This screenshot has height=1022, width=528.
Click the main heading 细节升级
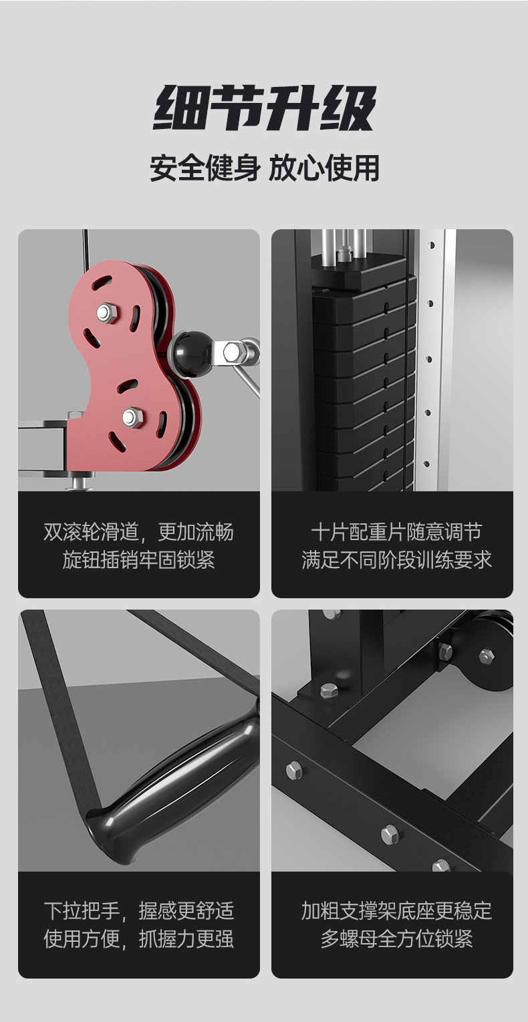click(x=265, y=108)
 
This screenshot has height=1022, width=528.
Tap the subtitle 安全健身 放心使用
click(x=265, y=168)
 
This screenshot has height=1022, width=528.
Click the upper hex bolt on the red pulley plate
click(x=107, y=313)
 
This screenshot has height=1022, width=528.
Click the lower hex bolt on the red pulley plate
click(x=132, y=416)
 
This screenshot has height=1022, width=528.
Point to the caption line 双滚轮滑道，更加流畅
click(x=139, y=532)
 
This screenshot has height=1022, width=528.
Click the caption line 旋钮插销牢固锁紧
click(x=139, y=560)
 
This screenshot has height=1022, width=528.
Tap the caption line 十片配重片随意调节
click(x=396, y=532)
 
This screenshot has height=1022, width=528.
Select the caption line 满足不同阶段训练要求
click(x=396, y=560)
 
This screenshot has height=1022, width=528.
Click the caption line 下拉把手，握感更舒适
click(x=139, y=910)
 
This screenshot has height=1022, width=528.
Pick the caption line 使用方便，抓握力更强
click(x=139, y=938)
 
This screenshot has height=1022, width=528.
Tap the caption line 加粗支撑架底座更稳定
click(x=396, y=910)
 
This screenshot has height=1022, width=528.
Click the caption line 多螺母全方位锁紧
click(x=396, y=938)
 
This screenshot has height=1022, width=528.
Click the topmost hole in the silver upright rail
click(x=432, y=245)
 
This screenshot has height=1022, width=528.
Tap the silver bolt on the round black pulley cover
click(x=487, y=656)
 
